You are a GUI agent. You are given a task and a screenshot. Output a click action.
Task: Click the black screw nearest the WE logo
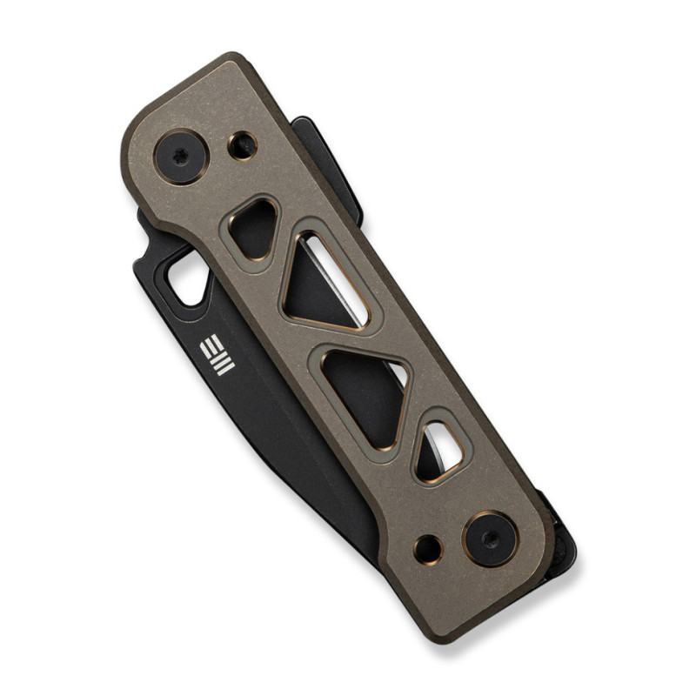(182, 157)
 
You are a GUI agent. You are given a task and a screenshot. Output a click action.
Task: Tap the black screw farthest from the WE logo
(491, 539)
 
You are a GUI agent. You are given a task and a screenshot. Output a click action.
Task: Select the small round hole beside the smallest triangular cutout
(243, 146)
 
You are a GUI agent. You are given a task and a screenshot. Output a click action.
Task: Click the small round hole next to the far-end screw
(428, 549)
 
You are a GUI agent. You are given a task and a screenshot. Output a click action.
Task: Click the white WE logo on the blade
(217, 355)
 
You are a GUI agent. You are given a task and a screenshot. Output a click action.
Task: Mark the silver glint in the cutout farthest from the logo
(447, 445)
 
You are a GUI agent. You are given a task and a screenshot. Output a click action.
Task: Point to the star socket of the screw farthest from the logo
(491, 539)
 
